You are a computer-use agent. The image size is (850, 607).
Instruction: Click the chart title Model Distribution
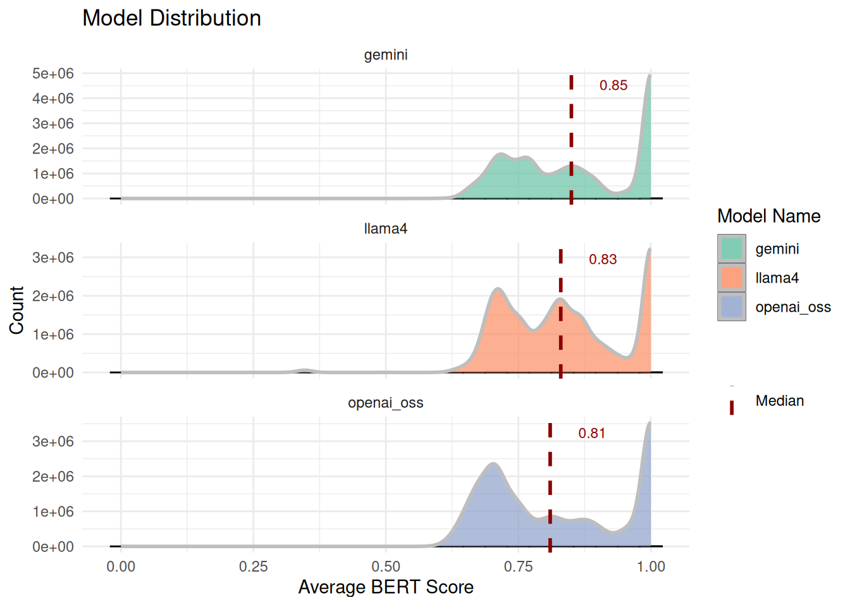click(x=171, y=18)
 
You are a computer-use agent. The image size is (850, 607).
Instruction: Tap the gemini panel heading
click(x=386, y=55)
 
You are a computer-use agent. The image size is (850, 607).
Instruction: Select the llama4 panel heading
click(x=386, y=229)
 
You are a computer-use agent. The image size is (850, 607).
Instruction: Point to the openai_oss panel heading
click(x=386, y=403)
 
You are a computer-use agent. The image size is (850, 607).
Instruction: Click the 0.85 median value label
click(x=613, y=85)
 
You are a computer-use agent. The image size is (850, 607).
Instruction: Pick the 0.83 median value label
click(x=603, y=259)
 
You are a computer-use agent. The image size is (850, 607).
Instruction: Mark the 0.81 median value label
click(x=592, y=433)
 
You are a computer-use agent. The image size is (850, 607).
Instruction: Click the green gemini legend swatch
click(x=732, y=248)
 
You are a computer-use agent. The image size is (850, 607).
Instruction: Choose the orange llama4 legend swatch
click(x=732, y=278)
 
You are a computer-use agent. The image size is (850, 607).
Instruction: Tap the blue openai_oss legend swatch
click(x=732, y=307)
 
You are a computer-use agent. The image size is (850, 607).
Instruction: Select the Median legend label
click(x=780, y=401)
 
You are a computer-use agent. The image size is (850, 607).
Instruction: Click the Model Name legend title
click(x=768, y=216)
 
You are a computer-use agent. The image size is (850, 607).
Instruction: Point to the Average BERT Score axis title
click(x=386, y=587)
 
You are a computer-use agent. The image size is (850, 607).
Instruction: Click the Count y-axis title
click(x=16, y=310)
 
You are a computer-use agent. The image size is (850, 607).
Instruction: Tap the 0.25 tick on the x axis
click(x=254, y=567)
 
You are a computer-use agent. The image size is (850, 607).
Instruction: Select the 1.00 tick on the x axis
click(x=651, y=567)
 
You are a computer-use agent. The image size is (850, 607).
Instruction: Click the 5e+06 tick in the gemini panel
click(x=53, y=73)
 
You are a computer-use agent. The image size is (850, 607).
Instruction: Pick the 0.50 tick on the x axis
click(x=386, y=567)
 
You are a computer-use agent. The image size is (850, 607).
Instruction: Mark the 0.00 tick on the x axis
click(x=121, y=567)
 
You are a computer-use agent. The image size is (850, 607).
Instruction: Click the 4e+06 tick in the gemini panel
click(x=53, y=99)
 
